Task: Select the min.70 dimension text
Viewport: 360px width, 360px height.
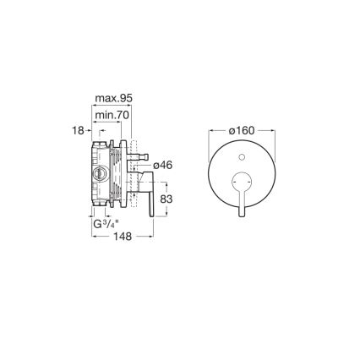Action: (111, 115)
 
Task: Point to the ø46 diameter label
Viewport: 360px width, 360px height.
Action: (162, 166)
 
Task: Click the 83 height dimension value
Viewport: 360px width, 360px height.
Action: (166, 199)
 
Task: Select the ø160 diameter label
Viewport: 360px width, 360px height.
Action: (242, 132)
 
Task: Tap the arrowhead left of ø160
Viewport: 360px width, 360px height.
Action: (211, 132)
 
